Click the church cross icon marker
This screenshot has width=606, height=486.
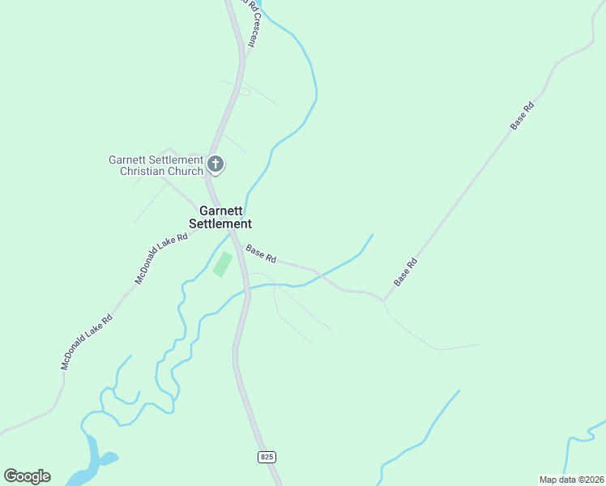point(216,164)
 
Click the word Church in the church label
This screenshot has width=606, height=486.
point(186,171)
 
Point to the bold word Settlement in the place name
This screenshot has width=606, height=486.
point(220,224)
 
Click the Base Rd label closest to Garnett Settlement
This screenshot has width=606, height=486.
point(261,254)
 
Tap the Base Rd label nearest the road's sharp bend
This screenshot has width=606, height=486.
point(406,271)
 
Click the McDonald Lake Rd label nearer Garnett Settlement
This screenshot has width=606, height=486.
point(162,258)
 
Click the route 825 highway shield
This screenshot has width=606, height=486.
point(267,457)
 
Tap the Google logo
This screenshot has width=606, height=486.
point(27,476)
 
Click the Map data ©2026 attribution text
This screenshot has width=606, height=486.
point(570,480)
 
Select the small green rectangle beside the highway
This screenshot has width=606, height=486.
point(223,264)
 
